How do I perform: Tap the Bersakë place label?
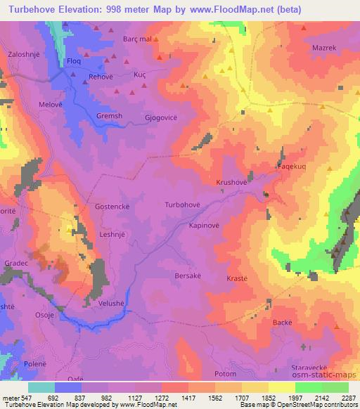(188, 276)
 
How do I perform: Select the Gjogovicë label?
(162, 119)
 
